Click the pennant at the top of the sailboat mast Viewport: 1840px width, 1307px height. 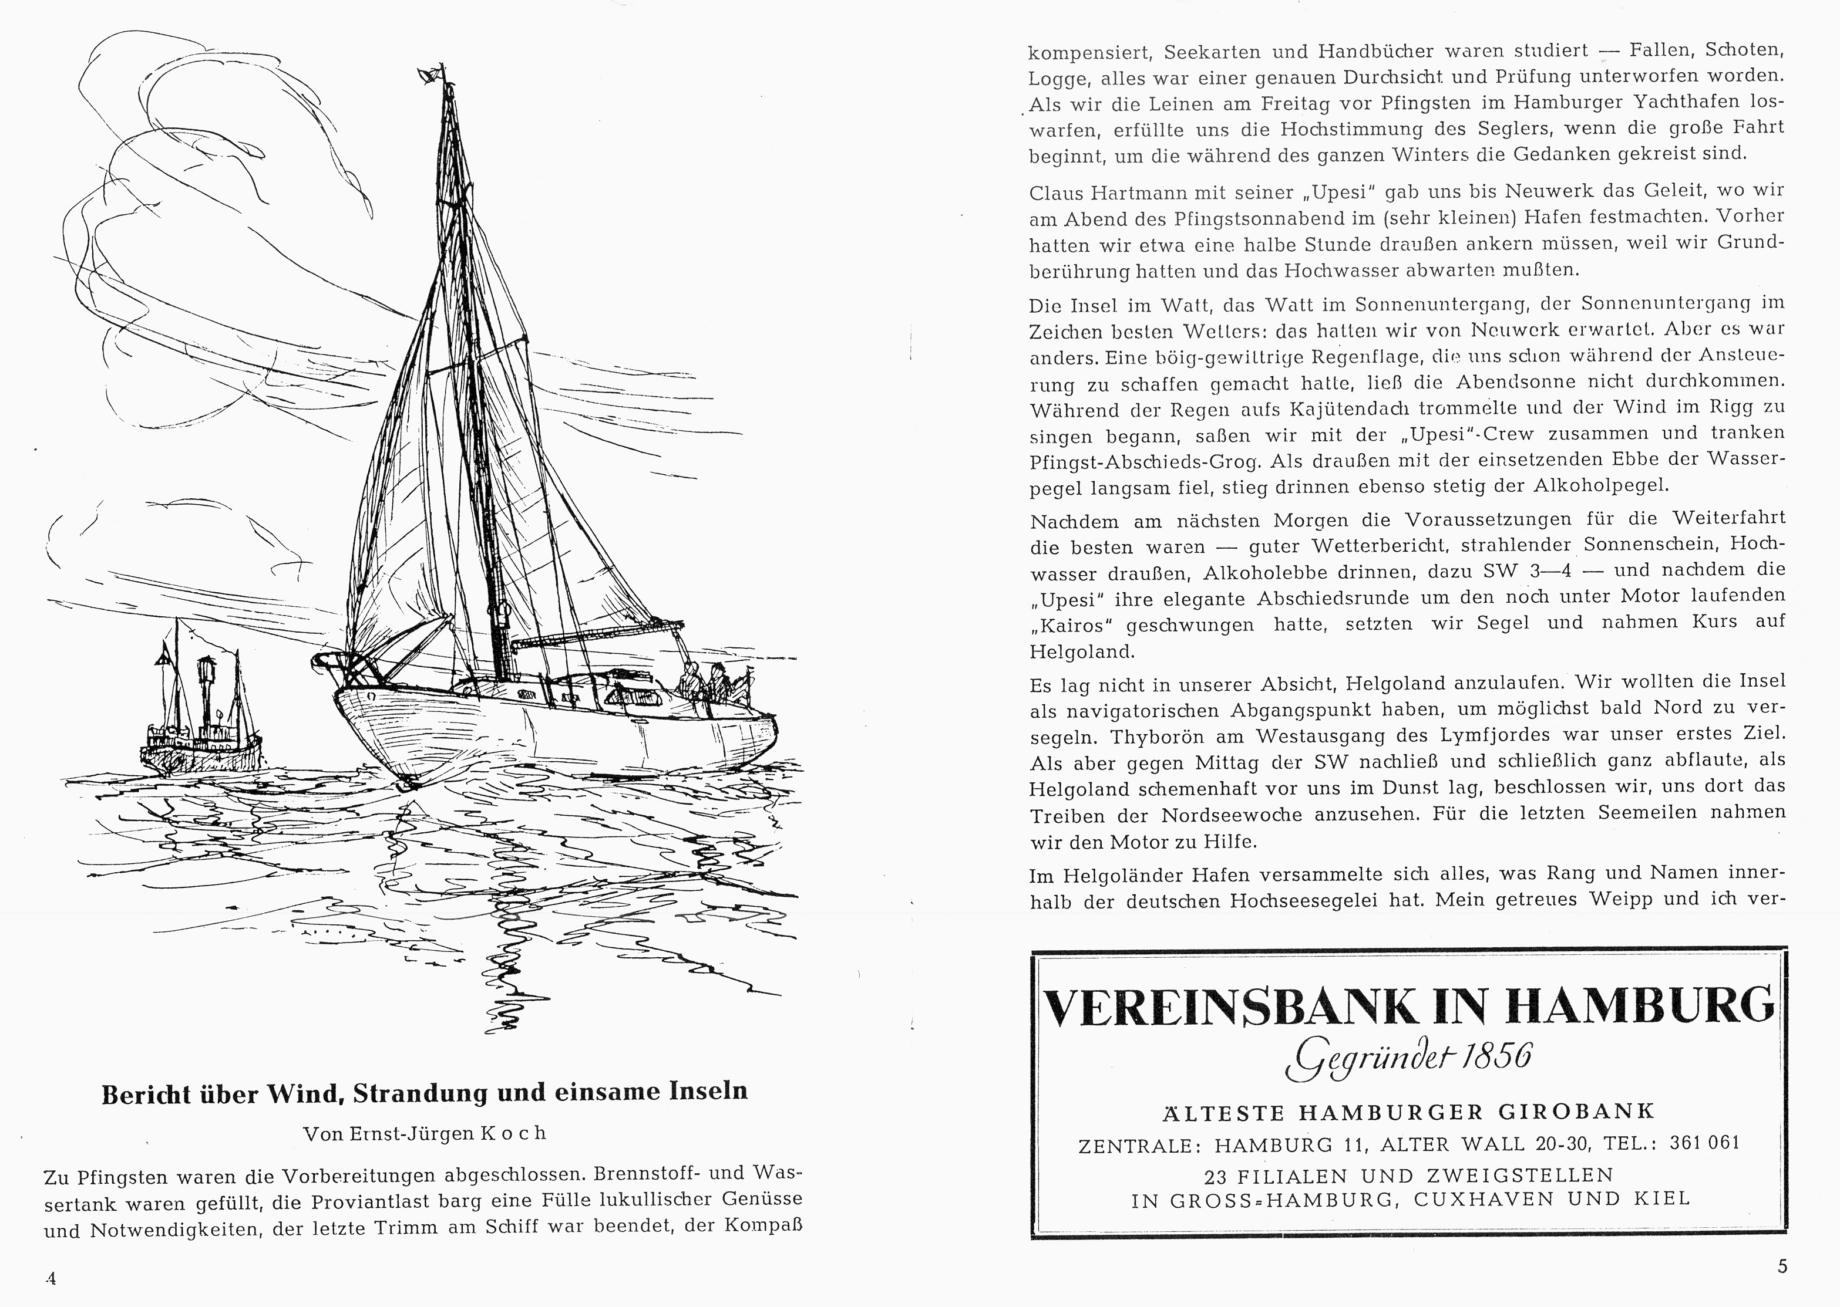point(429,75)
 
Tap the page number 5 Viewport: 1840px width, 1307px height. point(1782,1266)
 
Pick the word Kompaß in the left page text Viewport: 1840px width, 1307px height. point(765,1225)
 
